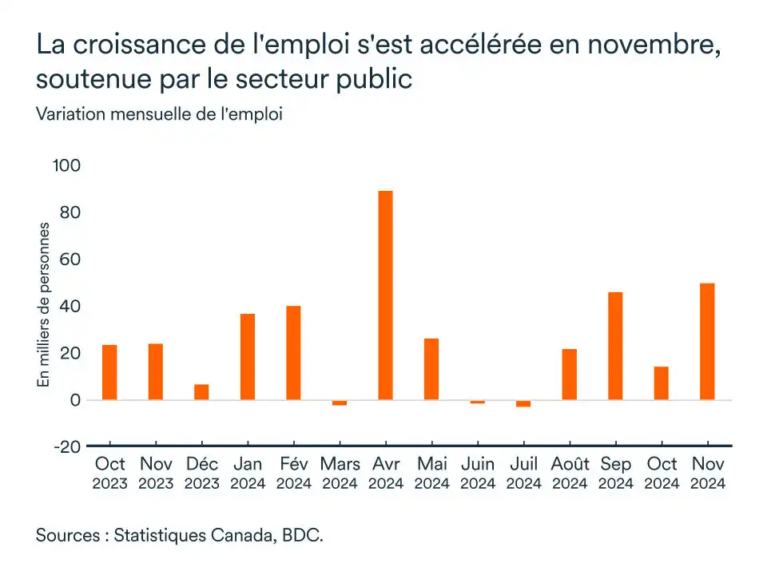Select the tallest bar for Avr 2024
pos(385,295)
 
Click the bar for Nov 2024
pos(707,342)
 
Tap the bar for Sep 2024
pos(615,346)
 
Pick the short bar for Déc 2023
pos(201,392)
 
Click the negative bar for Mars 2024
pos(340,402)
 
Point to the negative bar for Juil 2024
pos(523,403)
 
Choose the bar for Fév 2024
pos(293,353)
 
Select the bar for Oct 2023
pos(109,372)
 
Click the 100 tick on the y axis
pos(67,166)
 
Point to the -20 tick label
pos(67,446)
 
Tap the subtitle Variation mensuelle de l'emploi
pos(159,114)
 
